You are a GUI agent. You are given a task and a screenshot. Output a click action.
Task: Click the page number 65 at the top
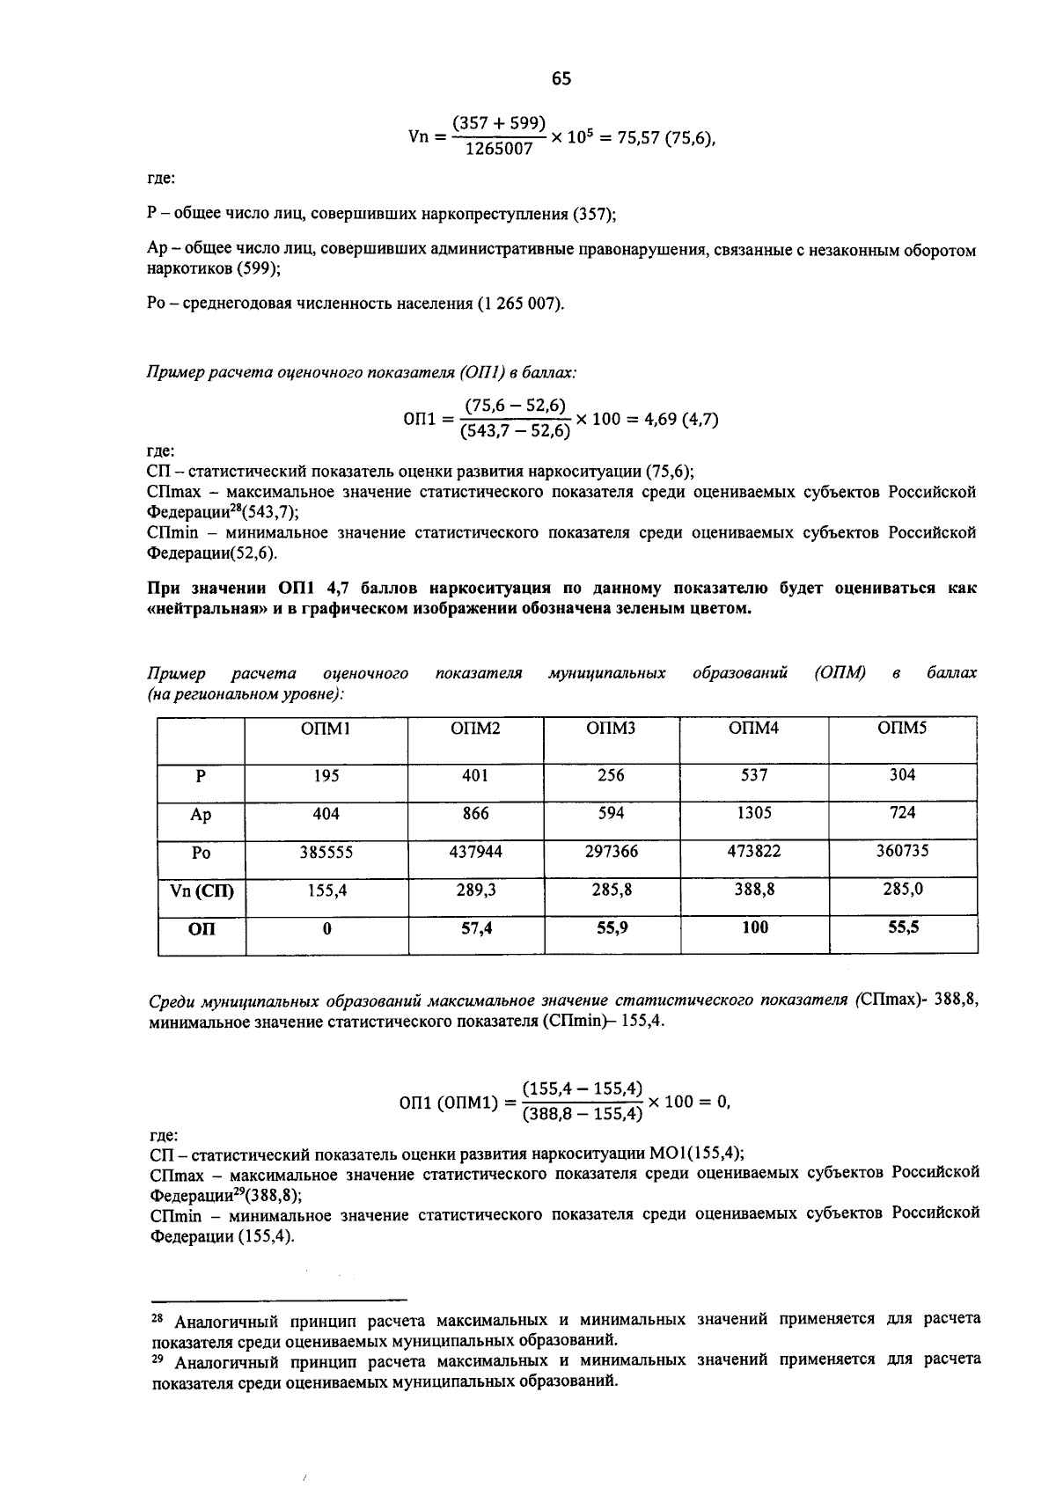tap(561, 79)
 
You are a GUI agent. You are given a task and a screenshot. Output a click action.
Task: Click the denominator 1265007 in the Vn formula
tap(499, 150)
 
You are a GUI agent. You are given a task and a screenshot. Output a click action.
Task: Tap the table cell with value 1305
tap(754, 814)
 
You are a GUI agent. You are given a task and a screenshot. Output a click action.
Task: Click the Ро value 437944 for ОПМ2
tap(475, 852)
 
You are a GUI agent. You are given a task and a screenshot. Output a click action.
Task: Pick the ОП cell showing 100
tap(754, 927)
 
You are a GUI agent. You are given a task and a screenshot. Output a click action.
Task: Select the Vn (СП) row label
tap(202, 890)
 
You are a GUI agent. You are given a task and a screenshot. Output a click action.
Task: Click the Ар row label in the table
tap(201, 815)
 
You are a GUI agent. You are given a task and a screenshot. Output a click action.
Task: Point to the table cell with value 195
tap(326, 776)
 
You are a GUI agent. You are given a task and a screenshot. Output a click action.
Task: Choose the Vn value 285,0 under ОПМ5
tap(903, 890)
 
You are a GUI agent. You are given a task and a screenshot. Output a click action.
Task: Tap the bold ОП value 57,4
tap(476, 927)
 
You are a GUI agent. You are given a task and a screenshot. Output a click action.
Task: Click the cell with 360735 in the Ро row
tap(903, 852)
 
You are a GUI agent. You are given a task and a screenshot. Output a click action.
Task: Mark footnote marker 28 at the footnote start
tap(158, 1321)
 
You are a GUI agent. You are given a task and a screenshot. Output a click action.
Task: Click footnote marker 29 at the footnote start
tap(158, 1360)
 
